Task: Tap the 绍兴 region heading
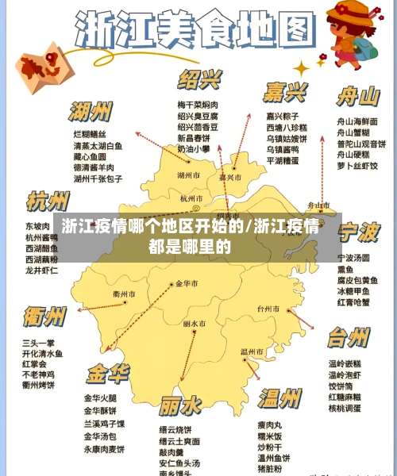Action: click(199, 80)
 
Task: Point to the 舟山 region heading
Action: click(357, 97)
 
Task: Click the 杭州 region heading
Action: click(48, 202)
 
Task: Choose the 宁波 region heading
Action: click(358, 232)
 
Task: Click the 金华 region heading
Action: click(108, 372)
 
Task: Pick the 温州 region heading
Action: click(279, 397)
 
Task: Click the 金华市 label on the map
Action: click(188, 283)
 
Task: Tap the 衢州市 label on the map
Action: click(125, 294)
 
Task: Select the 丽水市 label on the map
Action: click(195, 324)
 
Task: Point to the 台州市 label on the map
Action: click(268, 308)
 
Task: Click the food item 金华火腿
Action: click(100, 398)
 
